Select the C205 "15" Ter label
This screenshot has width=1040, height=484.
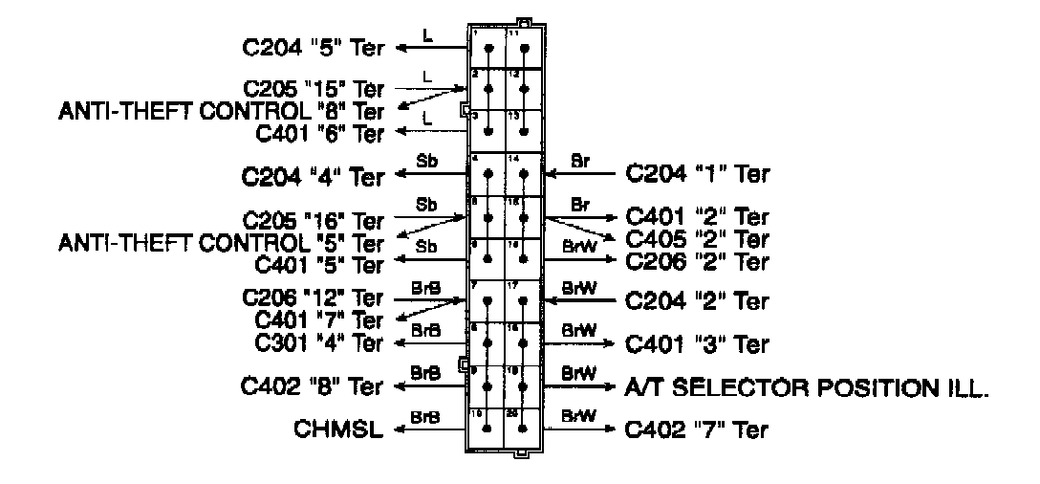314,89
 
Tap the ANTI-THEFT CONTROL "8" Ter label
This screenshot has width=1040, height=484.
222,111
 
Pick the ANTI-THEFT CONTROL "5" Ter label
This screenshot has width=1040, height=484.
222,243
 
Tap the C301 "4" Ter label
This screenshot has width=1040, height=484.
319,341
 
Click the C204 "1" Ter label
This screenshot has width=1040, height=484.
697,174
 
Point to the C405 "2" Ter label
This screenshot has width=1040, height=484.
697,238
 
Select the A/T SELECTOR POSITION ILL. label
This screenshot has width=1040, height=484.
806,387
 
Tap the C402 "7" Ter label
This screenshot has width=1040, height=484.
697,430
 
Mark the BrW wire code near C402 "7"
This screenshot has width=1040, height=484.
579,416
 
